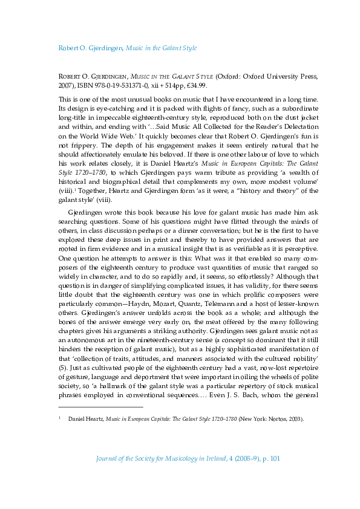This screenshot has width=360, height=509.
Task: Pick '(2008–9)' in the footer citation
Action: [237, 476]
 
